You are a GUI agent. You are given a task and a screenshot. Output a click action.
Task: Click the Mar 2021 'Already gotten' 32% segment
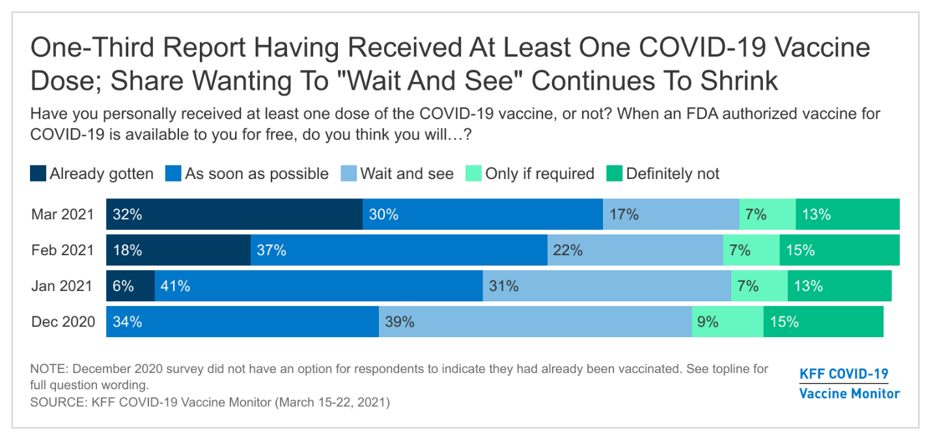pyautogui.click(x=234, y=214)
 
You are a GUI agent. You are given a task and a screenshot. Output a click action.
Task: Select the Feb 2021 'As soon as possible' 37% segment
pyautogui.click(x=398, y=250)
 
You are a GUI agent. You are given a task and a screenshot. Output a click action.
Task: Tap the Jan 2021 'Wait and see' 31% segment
pyautogui.click(x=607, y=286)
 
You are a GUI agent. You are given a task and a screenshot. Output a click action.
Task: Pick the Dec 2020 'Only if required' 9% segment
pyautogui.click(x=727, y=322)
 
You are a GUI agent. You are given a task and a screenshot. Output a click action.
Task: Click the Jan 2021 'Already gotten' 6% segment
pyautogui.click(x=130, y=286)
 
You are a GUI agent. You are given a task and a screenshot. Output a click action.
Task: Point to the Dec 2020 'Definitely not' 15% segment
pyautogui.click(x=823, y=322)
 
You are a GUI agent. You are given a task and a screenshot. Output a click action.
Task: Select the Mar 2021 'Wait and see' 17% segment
pyautogui.click(x=671, y=214)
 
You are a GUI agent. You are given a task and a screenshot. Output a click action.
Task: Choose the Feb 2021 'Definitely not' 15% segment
pyautogui.click(x=839, y=250)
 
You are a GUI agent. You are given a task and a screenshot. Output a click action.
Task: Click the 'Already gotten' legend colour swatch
pyautogui.click(x=38, y=174)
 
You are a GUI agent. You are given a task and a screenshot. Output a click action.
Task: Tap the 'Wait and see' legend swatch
pyautogui.click(x=348, y=174)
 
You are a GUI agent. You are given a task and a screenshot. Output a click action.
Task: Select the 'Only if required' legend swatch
pyautogui.click(x=473, y=174)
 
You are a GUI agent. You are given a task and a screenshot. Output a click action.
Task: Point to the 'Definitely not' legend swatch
pyautogui.click(x=614, y=174)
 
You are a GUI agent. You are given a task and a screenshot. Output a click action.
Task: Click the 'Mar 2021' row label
pyautogui.click(x=63, y=214)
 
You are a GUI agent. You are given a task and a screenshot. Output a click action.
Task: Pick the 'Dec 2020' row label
pyautogui.click(x=63, y=322)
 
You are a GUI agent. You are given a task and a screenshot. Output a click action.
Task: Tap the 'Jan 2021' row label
pyautogui.click(x=63, y=286)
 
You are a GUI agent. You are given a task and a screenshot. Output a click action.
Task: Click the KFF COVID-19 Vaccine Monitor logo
pyautogui.click(x=849, y=383)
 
